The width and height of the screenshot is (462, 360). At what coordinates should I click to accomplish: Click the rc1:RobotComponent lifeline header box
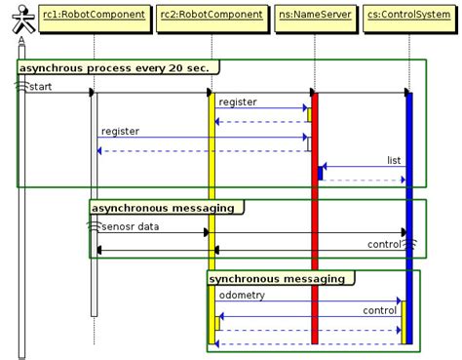94,15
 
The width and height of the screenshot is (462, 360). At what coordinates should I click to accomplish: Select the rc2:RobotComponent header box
211,15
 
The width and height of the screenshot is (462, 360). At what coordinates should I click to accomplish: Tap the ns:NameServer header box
314,15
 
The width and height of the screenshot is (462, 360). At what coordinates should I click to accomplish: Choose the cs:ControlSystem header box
408,15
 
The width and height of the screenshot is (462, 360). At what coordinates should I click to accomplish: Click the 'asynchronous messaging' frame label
164,208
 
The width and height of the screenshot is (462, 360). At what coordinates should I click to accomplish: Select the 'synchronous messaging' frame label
279,279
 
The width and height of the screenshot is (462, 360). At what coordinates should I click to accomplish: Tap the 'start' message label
41,87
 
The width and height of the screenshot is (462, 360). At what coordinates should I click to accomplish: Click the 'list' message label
394,160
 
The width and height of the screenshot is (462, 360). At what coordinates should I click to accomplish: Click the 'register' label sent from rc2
238,102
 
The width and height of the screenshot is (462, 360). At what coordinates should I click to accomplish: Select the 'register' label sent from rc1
120,131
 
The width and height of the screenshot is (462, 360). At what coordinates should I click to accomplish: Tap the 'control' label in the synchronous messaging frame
379,310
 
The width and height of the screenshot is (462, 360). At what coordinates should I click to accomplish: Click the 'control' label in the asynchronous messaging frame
384,243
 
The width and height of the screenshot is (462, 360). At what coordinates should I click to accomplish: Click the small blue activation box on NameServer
320,173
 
